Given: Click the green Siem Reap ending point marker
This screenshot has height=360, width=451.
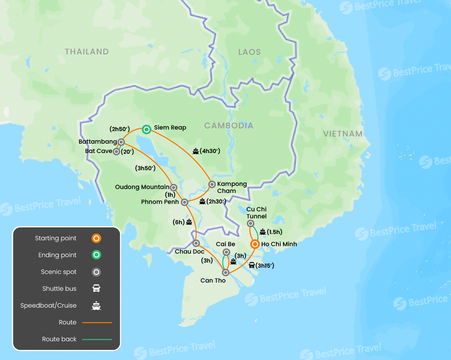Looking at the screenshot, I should (x=146, y=129).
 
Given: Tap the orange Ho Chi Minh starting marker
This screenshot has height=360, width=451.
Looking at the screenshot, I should (x=254, y=245).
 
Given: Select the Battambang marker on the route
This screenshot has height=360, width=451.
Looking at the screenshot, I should (x=121, y=142).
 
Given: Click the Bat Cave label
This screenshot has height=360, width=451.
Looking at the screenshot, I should (x=98, y=151).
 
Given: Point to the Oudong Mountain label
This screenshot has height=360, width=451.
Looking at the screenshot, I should (x=143, y=187).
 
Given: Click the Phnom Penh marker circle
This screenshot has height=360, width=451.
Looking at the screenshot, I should (x=185, y=202).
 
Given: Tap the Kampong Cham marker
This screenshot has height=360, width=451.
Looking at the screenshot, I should (x=212, y=184).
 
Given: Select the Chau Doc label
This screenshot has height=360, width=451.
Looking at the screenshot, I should (x=189, y=252).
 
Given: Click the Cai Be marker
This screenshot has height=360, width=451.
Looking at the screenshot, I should (x=226, y=252).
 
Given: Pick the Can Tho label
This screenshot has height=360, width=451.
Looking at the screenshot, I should (x=213, y=280).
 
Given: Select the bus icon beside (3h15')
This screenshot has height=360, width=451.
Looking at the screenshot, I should (x=252, y=266).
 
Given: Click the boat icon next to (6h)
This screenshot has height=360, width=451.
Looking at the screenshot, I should (x=189, y=222).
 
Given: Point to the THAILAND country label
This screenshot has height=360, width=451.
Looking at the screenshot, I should (x=87, y=52).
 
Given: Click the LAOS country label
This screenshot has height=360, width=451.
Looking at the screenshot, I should (x=249, y=52).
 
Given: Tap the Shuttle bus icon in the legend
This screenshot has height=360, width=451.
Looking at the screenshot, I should (x=96, y=289).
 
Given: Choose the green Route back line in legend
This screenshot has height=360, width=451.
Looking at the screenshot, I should (x=97, y=339).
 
